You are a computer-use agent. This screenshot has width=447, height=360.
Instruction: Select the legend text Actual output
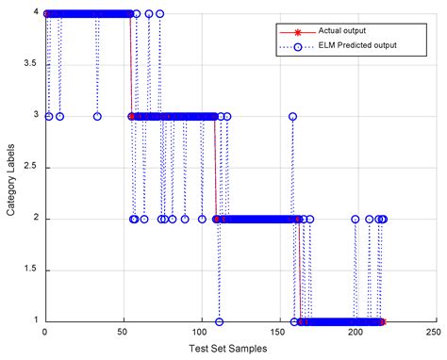tap(343, 29)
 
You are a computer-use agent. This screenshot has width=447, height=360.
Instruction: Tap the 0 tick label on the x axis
tap(44, 333)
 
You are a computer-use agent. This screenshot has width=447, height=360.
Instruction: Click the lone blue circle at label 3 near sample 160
tap(293, 117)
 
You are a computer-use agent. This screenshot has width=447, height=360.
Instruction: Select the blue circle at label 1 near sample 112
tap(219, 322)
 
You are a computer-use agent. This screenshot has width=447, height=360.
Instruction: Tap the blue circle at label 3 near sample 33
tap(96, 117)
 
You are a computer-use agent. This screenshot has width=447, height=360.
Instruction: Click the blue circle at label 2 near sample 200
tap(356, 220)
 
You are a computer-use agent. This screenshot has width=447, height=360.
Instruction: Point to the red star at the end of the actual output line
tap(382, 322)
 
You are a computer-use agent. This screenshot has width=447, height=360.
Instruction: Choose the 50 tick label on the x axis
tap(123, 333)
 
